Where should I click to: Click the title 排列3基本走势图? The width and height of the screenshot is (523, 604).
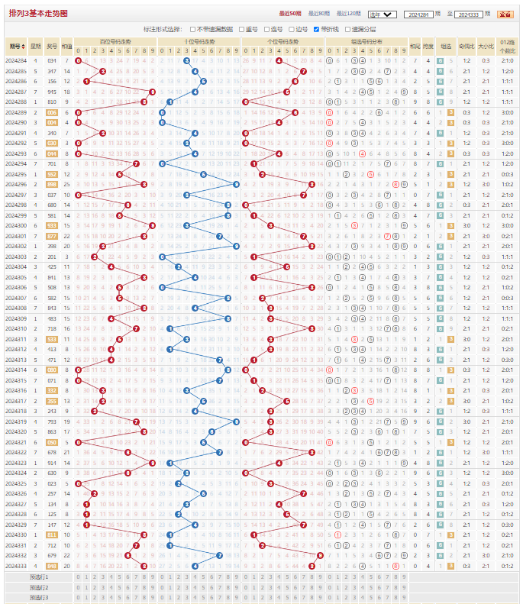tap(38, 14)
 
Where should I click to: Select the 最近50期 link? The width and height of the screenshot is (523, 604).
tap(291, 14)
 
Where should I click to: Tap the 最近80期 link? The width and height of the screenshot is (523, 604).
tap(319, 14)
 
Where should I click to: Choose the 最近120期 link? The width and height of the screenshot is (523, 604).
tap(349, 14)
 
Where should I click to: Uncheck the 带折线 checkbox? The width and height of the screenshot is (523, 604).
tap(317, 28)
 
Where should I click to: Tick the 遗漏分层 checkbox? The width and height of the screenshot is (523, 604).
tap(347, 28)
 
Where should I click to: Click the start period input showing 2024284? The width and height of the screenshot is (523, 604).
tap(418, 15)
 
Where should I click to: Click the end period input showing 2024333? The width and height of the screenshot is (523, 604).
tap(468, 15)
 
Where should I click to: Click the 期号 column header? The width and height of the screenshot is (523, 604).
tap(15, 46)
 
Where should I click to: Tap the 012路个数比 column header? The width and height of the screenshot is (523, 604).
tap(507, 46)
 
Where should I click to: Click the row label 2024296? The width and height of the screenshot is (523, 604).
tap(15, 184)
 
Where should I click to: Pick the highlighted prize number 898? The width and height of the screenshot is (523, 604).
tap(52, 184)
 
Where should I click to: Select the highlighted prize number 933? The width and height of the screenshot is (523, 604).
tap(52, 225)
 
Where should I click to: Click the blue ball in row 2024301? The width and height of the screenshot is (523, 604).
tap(220, 236)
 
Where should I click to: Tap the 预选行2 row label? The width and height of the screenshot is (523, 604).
tap(39, 587)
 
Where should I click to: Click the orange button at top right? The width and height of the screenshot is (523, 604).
tap(505, 15)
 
